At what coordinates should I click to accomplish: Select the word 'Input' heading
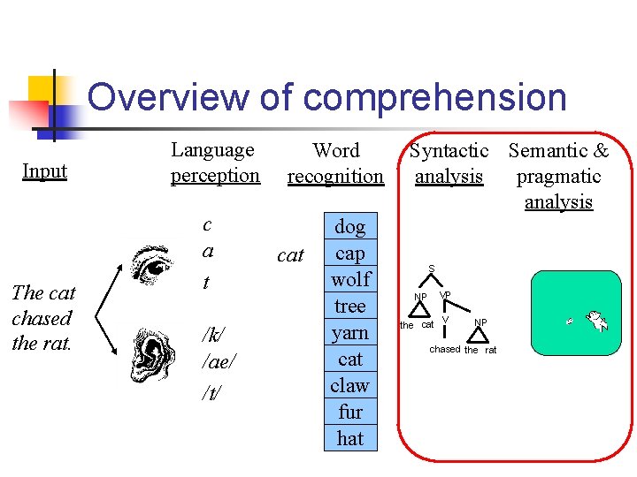[44, 170]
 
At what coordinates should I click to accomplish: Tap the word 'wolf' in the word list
[350, 279]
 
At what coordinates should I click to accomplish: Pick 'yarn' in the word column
[350, 332]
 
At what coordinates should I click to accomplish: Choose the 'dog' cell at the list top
[350, 227]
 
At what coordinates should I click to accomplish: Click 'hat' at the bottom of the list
[350, 438]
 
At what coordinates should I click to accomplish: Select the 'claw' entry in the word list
[350, 385]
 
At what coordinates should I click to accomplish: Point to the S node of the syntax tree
[432, 268]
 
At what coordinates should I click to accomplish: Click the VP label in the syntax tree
[445, 294]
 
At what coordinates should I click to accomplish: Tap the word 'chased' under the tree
[445, 349]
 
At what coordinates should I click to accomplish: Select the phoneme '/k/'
[212, 335]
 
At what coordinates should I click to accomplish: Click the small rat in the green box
[571, 321]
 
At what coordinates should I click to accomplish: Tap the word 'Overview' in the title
[169, 97]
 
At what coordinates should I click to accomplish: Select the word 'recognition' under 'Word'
[336, 176]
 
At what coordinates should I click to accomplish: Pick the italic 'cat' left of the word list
[290, 255]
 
